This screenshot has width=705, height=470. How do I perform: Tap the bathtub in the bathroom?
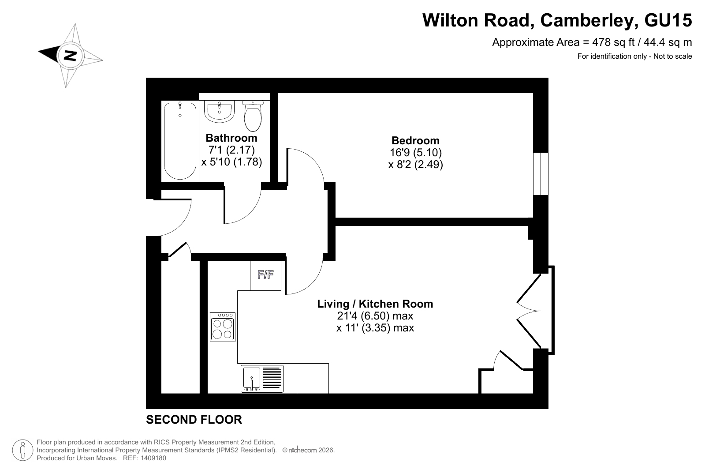[x=180, y=141]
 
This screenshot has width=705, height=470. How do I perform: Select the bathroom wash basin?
[x=220, y=111]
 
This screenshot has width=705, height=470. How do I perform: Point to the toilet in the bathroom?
[x=253, y=116]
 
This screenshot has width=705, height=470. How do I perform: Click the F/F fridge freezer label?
[x=265, y=274]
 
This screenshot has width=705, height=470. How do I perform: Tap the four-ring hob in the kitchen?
[x=223, y=327]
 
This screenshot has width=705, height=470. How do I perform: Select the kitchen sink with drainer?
[x=262, y=379]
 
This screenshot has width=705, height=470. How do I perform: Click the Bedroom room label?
[x=415, y=140]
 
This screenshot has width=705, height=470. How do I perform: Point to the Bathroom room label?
[x=231, y=138]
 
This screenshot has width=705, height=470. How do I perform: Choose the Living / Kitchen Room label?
[x=375, y=304]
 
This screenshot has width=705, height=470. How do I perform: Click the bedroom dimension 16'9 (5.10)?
[x=416, y=152]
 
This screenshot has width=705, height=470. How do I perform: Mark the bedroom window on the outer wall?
[x=541, y=174]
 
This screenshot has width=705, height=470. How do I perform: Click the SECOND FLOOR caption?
[x=194, y=420]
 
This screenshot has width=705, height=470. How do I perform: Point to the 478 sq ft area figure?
[x=613, y=42]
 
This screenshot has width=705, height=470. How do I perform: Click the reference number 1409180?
[x=153, y=458]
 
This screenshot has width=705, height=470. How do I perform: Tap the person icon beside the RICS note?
[x=22, y=450]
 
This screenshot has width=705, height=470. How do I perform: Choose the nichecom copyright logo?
[x=299, y=450]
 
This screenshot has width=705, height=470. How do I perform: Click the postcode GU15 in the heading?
[x=668, y=20]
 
